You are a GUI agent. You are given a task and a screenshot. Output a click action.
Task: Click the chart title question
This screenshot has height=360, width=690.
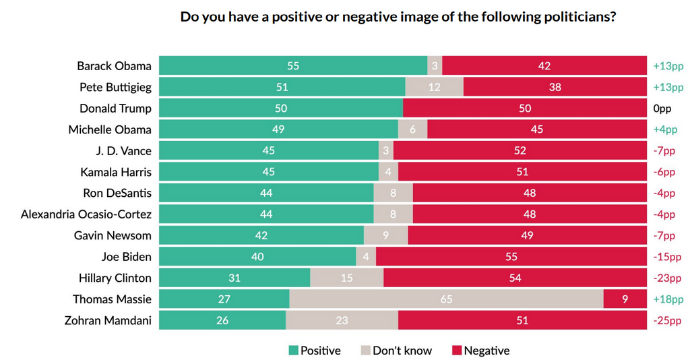point(398,18)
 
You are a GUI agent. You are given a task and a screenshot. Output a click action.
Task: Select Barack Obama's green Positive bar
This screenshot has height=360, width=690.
point(292,66)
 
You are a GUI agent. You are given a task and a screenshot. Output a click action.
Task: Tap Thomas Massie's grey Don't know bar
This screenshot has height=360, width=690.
point(446,299)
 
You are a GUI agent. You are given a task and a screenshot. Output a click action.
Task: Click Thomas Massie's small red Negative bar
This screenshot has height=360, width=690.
point(625,299)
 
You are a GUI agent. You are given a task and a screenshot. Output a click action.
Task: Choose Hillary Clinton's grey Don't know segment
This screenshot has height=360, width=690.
point(346,278)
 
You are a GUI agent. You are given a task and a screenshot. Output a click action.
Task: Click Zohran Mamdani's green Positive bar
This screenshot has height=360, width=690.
point(222,320)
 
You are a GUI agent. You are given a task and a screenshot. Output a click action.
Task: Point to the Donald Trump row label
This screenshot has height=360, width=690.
point(115,109)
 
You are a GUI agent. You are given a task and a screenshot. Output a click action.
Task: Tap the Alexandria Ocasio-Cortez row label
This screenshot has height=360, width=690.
point(86,214)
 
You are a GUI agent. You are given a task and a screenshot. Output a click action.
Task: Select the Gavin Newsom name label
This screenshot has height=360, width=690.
point(113,235)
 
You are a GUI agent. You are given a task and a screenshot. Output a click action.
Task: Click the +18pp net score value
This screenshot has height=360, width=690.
point(668,299)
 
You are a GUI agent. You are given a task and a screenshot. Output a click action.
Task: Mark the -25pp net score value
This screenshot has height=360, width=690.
point(668,320)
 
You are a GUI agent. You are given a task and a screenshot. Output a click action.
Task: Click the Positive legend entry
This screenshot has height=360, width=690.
point(315,351)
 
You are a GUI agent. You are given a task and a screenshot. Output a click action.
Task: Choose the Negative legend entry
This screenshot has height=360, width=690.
point(480,351)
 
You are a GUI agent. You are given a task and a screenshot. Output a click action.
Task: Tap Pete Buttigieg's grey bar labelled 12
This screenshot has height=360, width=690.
point(434,87)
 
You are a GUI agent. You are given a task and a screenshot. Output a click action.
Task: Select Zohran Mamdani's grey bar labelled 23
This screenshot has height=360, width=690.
point(342,320)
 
